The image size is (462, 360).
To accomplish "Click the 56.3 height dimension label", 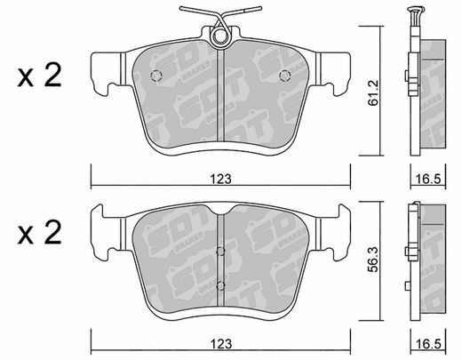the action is [x=374, y=260].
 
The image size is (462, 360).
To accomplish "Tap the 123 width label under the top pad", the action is [x=220, y=180].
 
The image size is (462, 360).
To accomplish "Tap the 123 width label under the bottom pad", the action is [x=220, y=344].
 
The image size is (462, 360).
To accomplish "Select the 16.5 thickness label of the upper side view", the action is [x=428, y=179].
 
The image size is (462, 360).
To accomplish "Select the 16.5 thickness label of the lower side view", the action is [x=428, y=344].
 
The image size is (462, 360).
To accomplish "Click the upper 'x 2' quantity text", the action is [x=39, y=76].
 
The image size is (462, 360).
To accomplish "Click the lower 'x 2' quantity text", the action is [x=39, y=233].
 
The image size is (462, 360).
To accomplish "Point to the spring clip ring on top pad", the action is [x=219, y=36].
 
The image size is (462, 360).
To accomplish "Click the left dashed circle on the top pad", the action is [x=156, y=76].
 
